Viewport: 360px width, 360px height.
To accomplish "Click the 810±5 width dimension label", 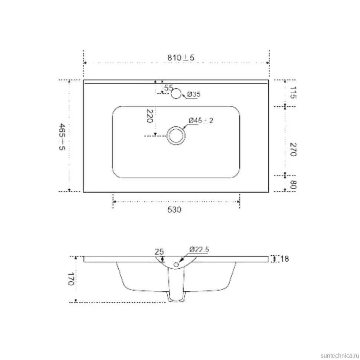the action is click(x=181, y=58).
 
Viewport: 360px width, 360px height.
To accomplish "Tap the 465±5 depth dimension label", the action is click(x=62, y=137).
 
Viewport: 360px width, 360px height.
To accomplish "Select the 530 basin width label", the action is click(x=174, y=210).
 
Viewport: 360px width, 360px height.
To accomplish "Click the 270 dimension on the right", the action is click(x=293, y=149).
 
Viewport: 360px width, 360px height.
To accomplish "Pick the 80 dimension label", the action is click(x=293, y=184).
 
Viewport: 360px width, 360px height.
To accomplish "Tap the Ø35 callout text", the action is click(x=193, y=94).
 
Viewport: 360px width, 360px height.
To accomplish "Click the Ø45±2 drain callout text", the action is click(x=201, y=120).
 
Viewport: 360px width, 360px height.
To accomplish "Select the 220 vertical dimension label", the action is click(x=150, y=116).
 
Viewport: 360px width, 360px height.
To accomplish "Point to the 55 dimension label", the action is click(x=168, y=88).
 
